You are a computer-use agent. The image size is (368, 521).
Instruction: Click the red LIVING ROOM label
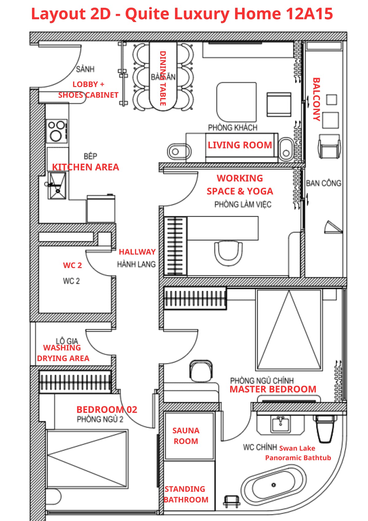pos(240,145)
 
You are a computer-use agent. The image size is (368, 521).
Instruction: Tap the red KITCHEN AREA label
pos(86,167)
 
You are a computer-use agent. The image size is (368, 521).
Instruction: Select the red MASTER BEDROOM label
pos(273,389)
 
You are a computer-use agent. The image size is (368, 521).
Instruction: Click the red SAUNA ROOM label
pos(186,436)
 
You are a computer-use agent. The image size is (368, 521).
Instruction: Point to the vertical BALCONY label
pos(316,99)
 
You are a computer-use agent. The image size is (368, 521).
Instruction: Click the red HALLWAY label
pos(137,252)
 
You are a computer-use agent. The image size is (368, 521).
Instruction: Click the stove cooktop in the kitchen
pos(57,131)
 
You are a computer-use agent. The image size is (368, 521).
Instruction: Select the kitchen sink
pos(57,185)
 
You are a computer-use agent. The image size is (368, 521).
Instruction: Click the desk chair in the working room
pos(228,253)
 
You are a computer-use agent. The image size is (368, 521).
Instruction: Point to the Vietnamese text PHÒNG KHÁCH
pos(233,127)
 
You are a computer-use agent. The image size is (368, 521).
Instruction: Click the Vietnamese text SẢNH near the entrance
pos(85,69)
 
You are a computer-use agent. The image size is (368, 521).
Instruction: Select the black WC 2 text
pos(71,281)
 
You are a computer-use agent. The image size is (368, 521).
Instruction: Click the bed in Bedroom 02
pos(87,458)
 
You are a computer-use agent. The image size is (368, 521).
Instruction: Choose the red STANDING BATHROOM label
pos(186,495)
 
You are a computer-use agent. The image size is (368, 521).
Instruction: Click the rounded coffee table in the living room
pos(236,102)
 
